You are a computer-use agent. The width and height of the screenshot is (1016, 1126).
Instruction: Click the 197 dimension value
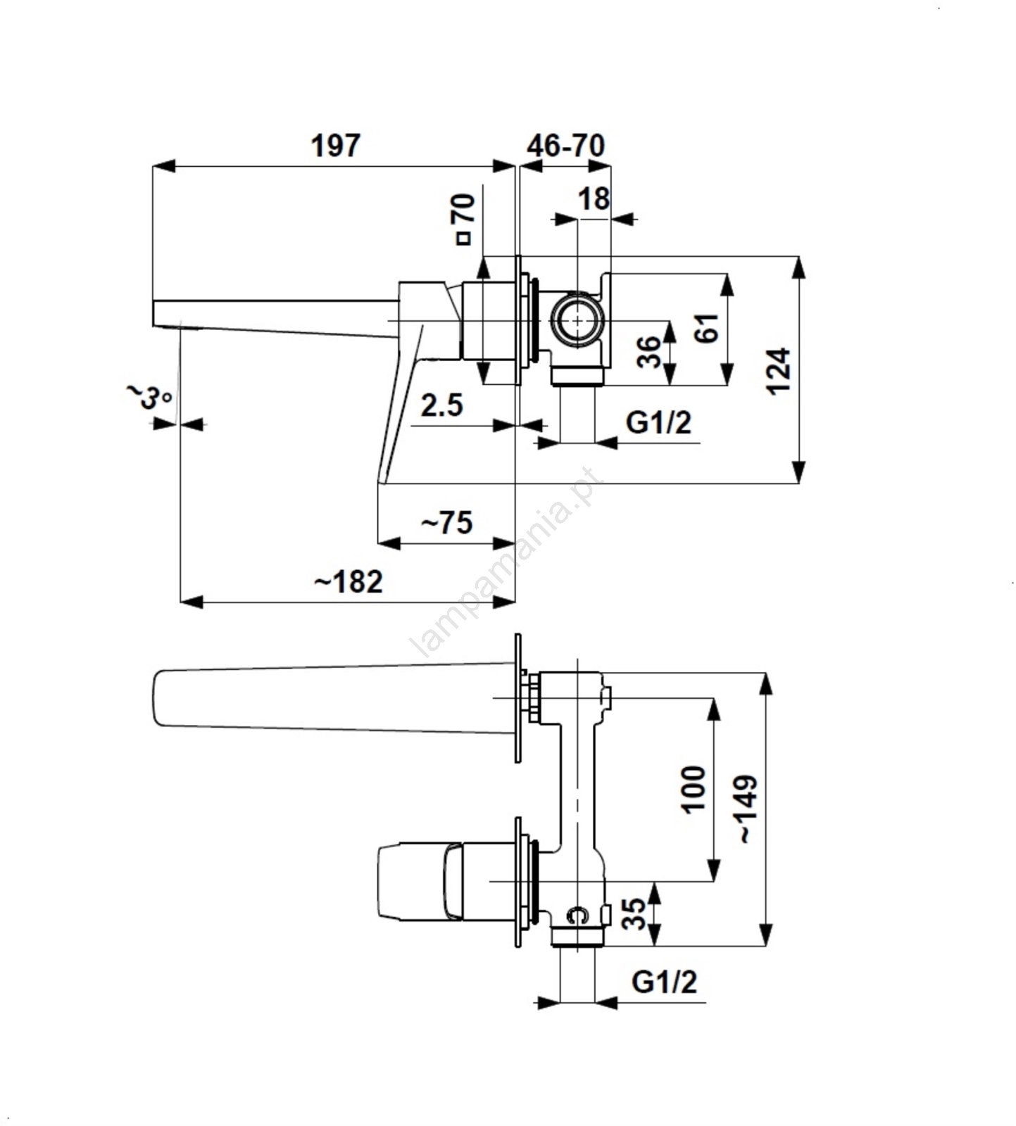pyautogui.click(x=335, y=146)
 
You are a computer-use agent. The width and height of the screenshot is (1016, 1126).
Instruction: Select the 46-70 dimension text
pyautogui.click(x=565, y=146)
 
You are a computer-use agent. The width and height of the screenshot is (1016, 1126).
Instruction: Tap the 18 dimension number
pyautogui.click(x=594, y=199)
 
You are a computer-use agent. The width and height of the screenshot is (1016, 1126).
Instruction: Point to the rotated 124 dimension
pyautogui.click(x=779, y=370)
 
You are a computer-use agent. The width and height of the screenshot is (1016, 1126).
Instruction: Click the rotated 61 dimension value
pyautogui.click(x=707, y=328)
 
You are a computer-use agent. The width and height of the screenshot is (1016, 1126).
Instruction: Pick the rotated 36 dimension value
pyautogui.click(x=649, y=352)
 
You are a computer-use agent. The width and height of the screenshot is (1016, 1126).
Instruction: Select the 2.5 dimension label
pyautogui.click(x=442, y=405)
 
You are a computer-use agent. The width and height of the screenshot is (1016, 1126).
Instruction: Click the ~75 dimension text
pyautogui.click(x=446, y=523)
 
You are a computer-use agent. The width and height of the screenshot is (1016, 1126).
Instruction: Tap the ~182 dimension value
pyautogui.click(x=348, y=582)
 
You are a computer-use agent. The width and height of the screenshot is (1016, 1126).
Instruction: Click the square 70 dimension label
pyautogui.click(x=464, y=218)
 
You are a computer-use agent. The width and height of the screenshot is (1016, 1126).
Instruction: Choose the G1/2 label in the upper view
pyautogui.click(x=658, y=422)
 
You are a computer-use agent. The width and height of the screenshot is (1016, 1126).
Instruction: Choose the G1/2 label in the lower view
pyautogui.click(x=664, y=981)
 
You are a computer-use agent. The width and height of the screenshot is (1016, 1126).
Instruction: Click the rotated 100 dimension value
pyautogui.click(x=694, y=789)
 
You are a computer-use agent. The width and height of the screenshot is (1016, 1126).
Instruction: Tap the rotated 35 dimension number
pyautogui.click(x=634, y=913)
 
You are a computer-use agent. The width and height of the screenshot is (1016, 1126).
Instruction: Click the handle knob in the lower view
pyautogui.click(x=415, y=880)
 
